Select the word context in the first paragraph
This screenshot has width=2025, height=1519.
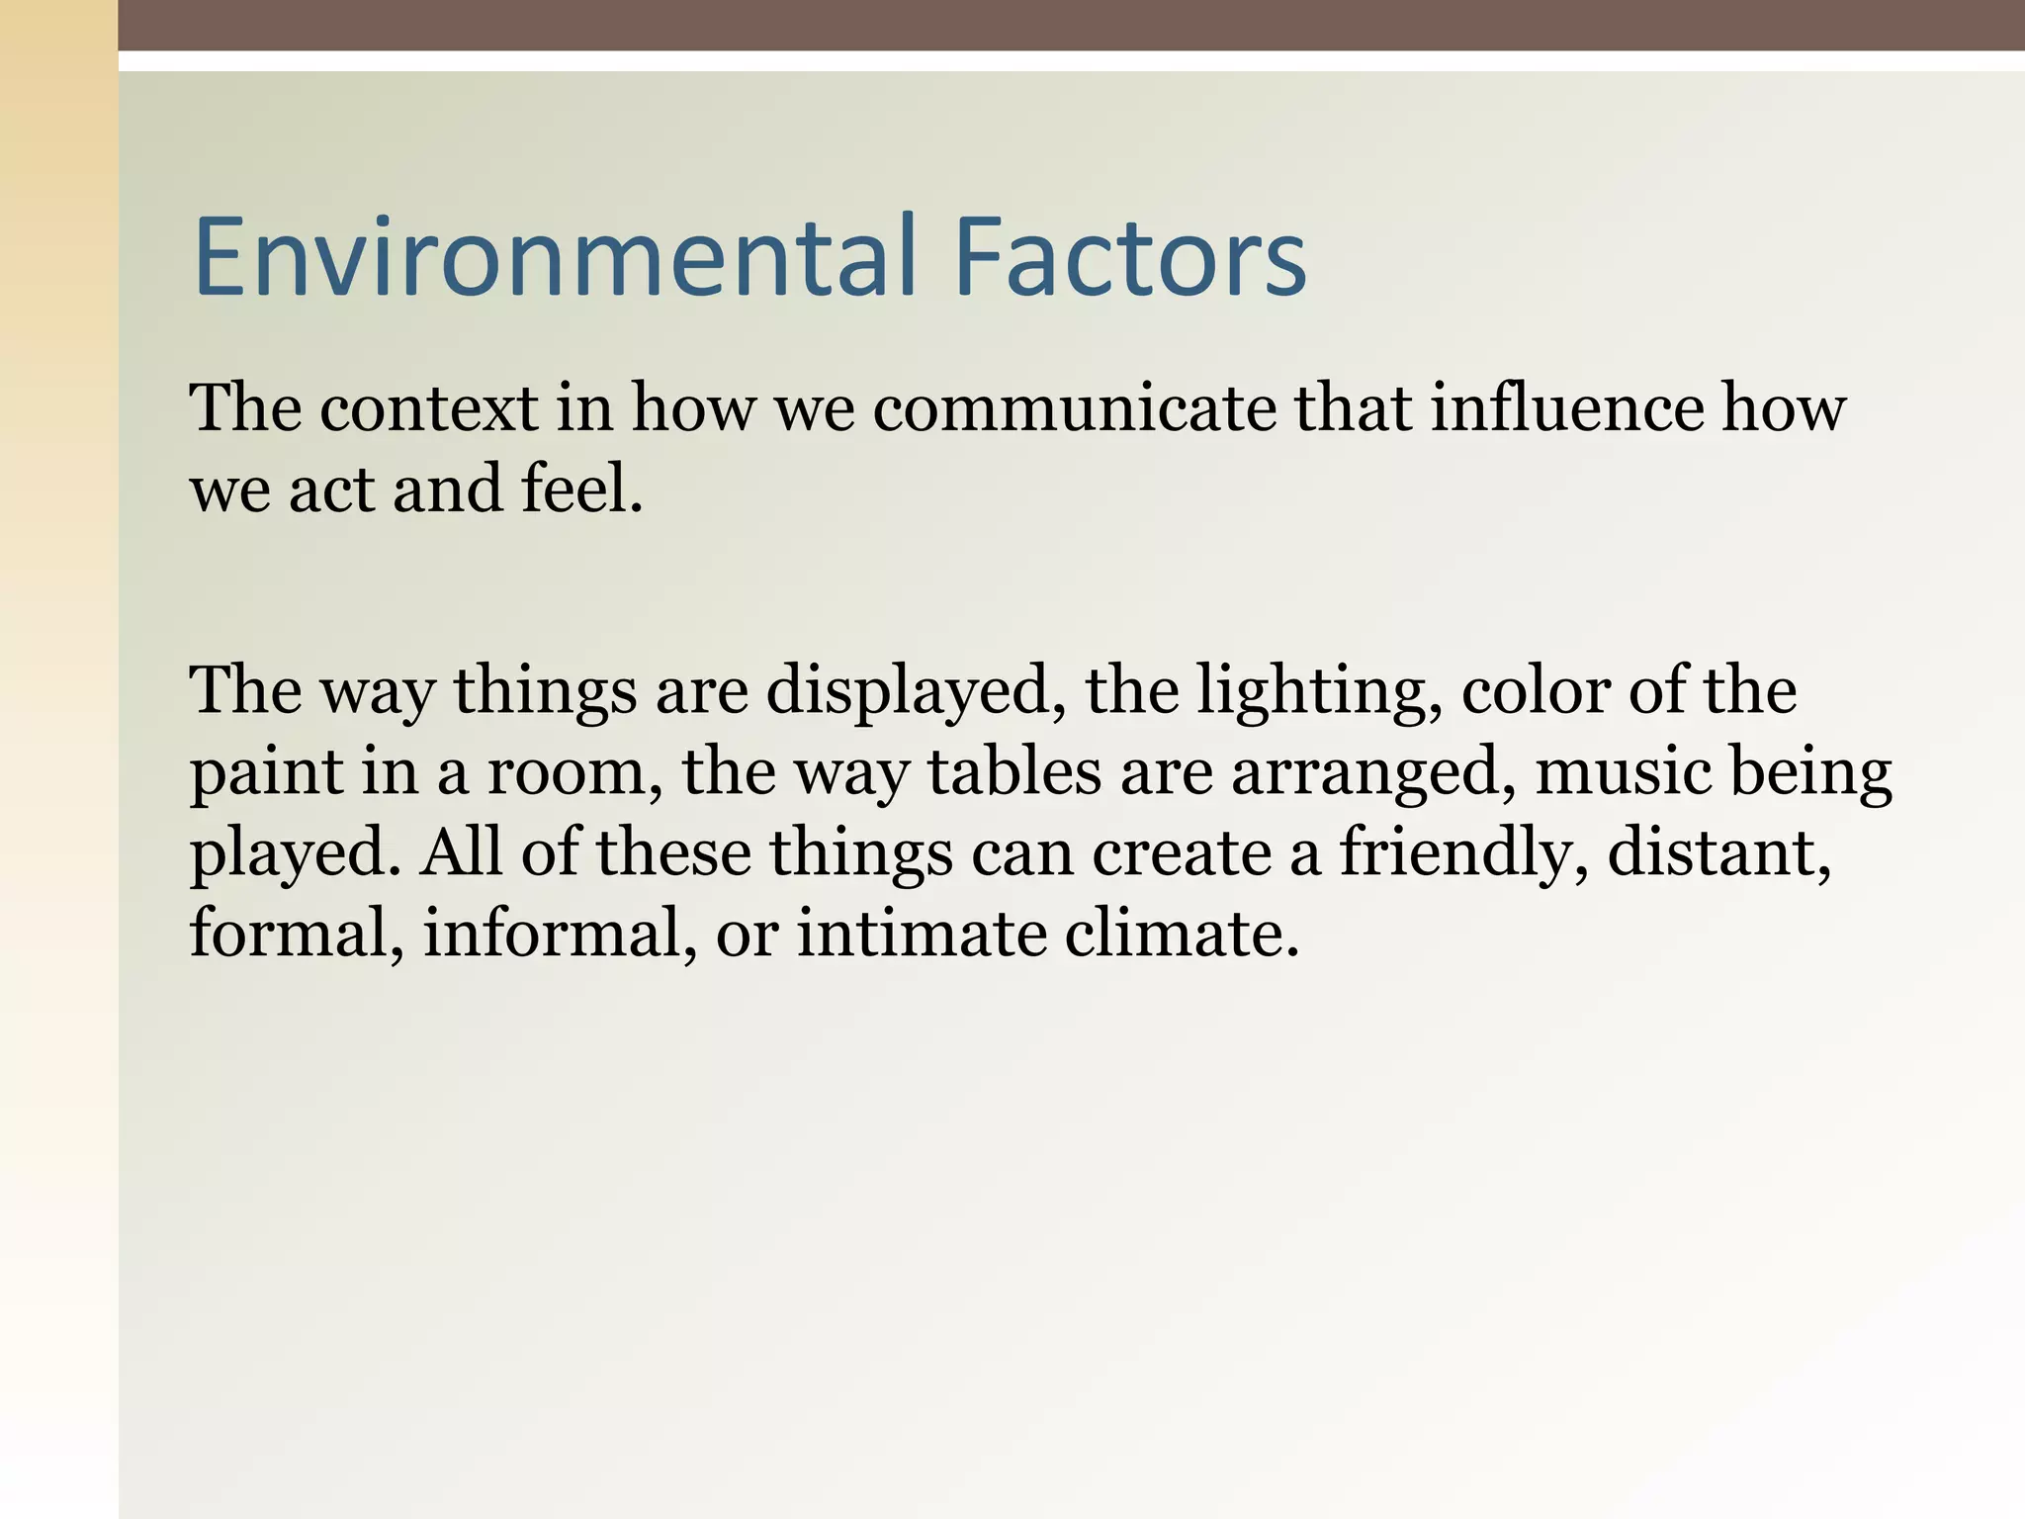coord(428,407)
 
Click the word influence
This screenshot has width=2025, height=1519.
coord(1567,407)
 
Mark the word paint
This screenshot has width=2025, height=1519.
coord(266,773)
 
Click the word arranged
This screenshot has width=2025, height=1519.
coord(1373,773)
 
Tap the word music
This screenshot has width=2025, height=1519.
coord(1622,771)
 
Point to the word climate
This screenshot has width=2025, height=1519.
coord(1182,934)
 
